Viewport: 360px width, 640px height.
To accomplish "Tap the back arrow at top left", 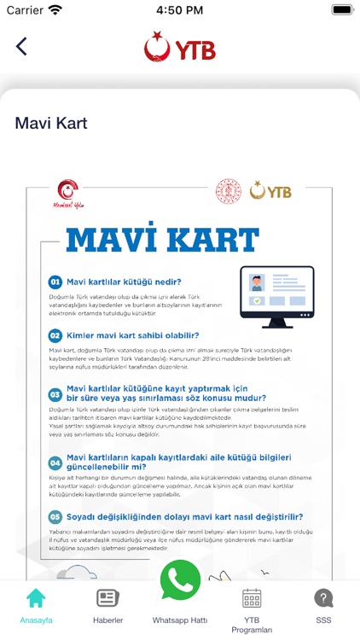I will pyautogui.click(x=21, y=46).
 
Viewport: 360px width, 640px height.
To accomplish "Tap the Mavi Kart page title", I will pyautogui.click(x=51, y=123).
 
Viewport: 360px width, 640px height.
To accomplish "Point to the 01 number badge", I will pyautogui.click(x=55, y=282).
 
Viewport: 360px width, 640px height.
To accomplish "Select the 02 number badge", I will pyautogui.click(x=55, y=335).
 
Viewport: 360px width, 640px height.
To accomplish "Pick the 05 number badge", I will pyautogui.click(x=55, y=516).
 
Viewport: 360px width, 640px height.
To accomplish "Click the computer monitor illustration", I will pyautogui.click(x=276, y=296).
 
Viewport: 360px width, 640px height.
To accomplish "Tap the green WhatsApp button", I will pyautogui.click(x=180, y=580).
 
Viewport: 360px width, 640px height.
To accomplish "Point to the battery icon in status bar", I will pyautogui.click(x=342, y=10).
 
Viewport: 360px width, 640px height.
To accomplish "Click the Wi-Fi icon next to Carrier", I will pyautogui.click(x=55, y=10).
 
